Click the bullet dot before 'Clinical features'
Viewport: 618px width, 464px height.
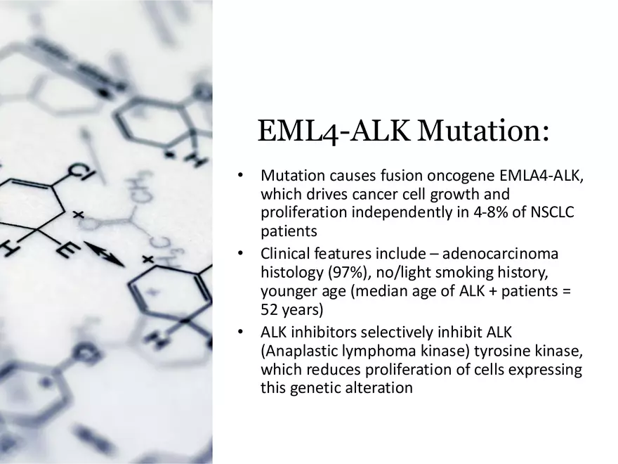point(240,253)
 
